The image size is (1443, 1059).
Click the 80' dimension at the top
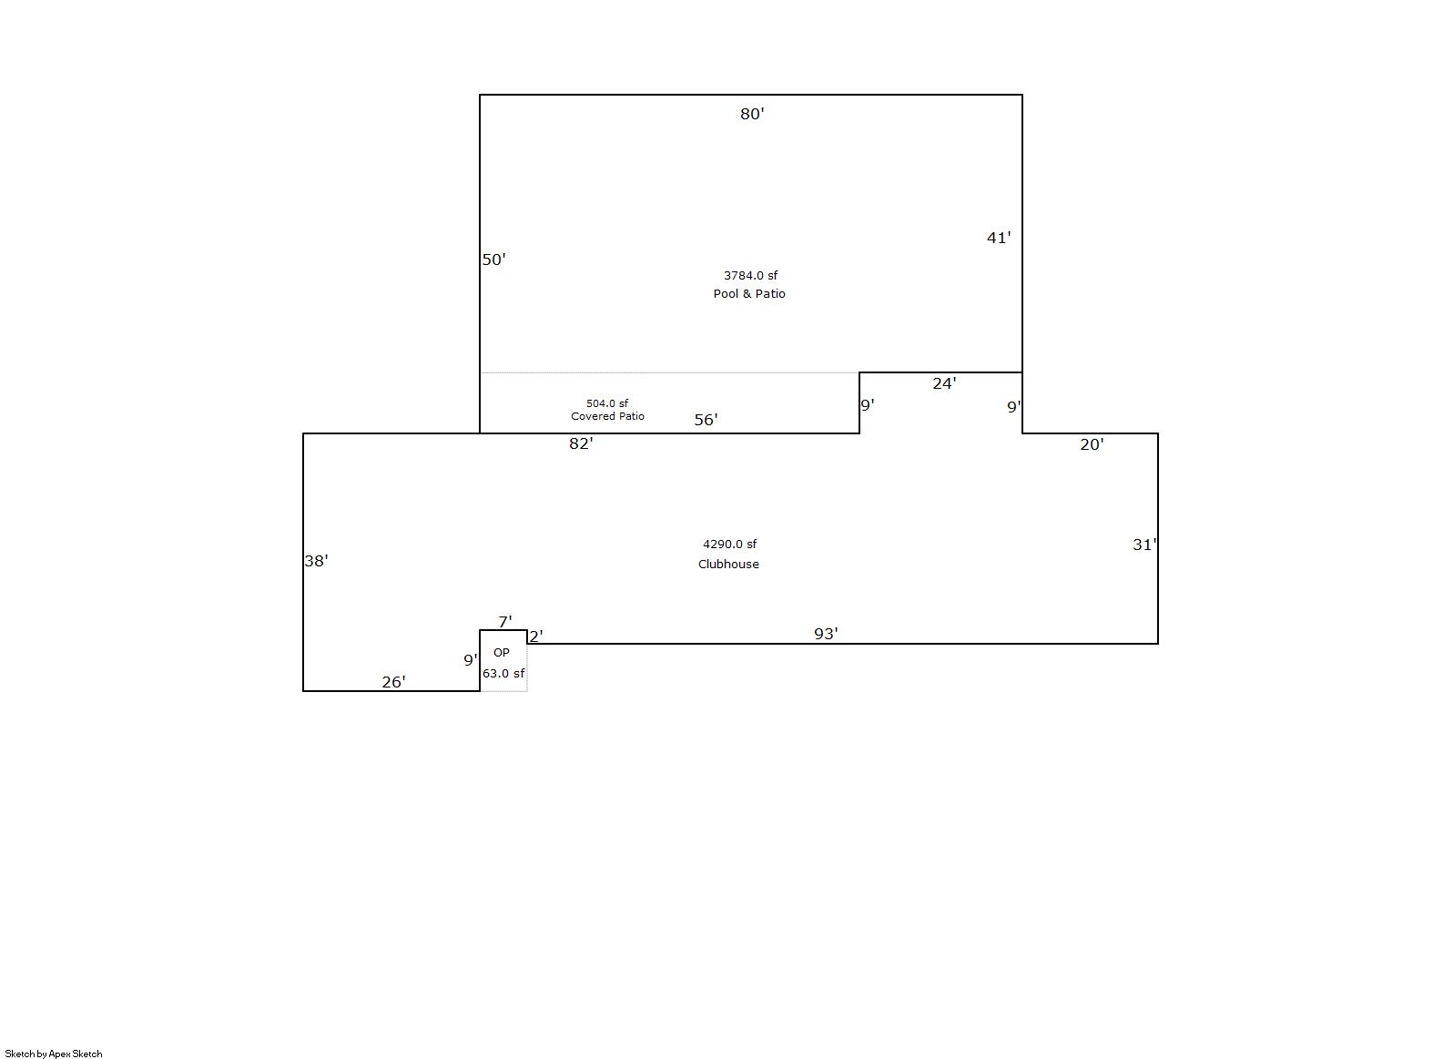(752, 114)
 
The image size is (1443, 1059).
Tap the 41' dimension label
(999, 238)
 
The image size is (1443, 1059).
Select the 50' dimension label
(494, 260)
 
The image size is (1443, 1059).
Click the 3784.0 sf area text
(750, 276)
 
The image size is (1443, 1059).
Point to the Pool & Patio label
(749, 294)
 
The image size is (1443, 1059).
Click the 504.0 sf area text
(607, 403)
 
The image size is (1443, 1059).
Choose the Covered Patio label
(607, 416)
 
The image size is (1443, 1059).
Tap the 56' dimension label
(706, 420)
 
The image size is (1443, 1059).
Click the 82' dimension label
(581, 443)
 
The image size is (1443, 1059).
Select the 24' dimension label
(944, 384)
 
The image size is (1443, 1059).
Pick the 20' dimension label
(1092, 444)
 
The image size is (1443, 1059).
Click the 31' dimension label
(1144, 545)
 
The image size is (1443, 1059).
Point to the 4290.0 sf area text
(730, 545)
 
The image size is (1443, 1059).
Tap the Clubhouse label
(728, 565)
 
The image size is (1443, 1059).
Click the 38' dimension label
(316, 561)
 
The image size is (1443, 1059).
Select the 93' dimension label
(826, 634)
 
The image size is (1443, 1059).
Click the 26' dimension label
(393, 682)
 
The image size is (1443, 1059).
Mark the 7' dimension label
(505, 622)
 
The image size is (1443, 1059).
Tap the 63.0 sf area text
(503, 674)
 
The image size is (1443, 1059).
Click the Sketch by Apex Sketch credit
(54, 1054)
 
